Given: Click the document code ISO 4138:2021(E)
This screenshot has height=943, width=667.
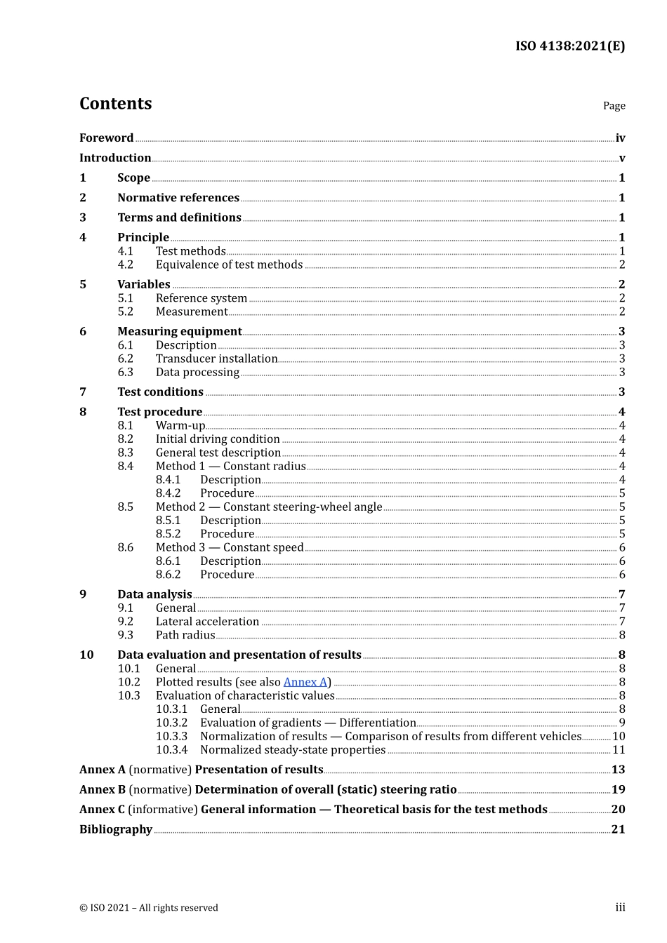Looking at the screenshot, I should (x=569, y=46).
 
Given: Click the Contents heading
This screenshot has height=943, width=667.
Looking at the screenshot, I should (x=115, y=104).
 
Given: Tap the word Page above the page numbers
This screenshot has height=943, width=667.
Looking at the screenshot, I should (x=614, y=106).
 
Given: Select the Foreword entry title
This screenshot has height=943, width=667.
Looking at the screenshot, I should (x=106, y=138).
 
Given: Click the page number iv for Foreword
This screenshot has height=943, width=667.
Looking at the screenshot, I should (x=620, y=138).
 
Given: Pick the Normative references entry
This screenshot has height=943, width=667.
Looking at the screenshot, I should (x=178, y=198).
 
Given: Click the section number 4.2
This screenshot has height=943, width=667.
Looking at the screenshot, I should (x=125, y=265).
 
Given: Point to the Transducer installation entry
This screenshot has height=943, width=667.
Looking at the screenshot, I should (x=216, y=359).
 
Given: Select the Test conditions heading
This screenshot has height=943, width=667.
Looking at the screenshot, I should (x=160, y=392).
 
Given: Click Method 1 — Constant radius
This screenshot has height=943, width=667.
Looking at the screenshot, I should (x=230, y=467).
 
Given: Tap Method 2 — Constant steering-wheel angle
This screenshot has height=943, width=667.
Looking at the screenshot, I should (x=269, y=507).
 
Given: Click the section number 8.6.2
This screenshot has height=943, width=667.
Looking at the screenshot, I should (x=168, y=575).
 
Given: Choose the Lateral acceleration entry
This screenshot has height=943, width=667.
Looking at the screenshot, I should (x=207, y=622).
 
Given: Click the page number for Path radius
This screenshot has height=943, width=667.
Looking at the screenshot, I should (x=621, y=636).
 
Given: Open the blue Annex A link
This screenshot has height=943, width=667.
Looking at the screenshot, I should (x=305, y=682).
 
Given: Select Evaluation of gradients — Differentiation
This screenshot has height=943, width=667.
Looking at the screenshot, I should (x=308, y=723).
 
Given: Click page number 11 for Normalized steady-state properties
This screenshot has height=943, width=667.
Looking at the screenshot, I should (x=619, y=750).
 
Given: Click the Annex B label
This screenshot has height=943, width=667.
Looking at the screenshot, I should (x=102, y=790).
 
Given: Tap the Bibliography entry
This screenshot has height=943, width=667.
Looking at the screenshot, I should (x=116, y=829).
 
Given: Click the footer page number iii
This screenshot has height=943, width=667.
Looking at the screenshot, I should (x=620, y=908).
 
